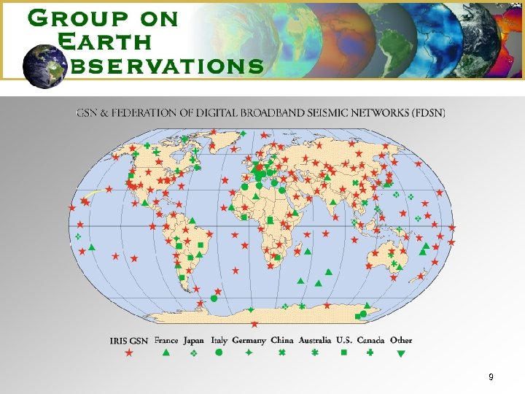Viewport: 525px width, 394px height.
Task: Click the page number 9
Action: (491, 377)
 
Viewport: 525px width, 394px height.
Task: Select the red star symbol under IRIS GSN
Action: (129, 353)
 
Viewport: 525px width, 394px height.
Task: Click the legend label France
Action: (166, 341)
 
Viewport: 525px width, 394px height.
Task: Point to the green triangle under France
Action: (166, 353)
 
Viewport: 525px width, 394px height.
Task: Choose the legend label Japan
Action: (193, 341)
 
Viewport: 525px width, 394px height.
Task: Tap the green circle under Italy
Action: (219, 353)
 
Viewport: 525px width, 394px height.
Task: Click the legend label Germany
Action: (249, 341)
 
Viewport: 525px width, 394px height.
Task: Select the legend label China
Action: (282, 341)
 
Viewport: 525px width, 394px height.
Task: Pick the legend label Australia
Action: (315, 341)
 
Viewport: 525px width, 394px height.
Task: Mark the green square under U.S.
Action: (344, 353)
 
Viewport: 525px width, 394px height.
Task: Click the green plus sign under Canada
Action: (370, 353)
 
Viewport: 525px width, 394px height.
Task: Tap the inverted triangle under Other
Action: (400, 354)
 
